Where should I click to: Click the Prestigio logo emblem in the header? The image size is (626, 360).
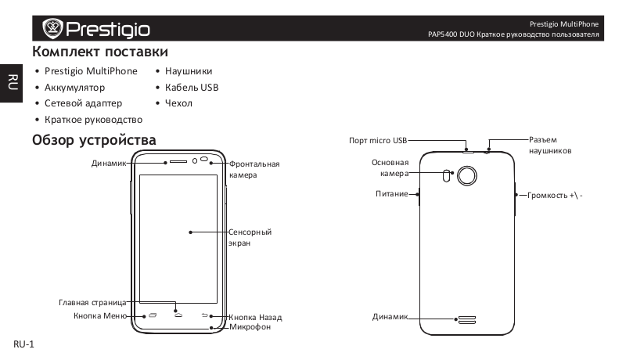52,28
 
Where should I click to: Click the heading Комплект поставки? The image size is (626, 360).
100,52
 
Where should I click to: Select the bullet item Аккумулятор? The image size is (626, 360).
74,88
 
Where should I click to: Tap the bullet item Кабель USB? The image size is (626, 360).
192,88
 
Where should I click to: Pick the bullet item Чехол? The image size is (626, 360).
178,103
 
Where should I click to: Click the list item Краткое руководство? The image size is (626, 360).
93,120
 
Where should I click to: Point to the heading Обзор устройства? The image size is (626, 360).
94,140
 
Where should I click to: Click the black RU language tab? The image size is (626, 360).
11,83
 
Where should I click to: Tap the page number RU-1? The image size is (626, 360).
24,344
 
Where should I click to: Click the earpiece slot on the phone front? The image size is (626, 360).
178,162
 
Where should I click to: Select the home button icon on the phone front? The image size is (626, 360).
178,315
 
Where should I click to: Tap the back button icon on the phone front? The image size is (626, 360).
205,315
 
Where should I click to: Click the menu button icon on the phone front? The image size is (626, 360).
153,315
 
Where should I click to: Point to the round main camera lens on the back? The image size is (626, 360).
466,175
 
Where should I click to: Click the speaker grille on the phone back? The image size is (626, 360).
466,319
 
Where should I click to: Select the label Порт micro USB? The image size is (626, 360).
378,141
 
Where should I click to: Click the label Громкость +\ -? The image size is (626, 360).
555,195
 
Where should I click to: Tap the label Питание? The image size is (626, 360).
392,194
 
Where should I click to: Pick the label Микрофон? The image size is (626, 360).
250,327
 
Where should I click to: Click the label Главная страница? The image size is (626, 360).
92,303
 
